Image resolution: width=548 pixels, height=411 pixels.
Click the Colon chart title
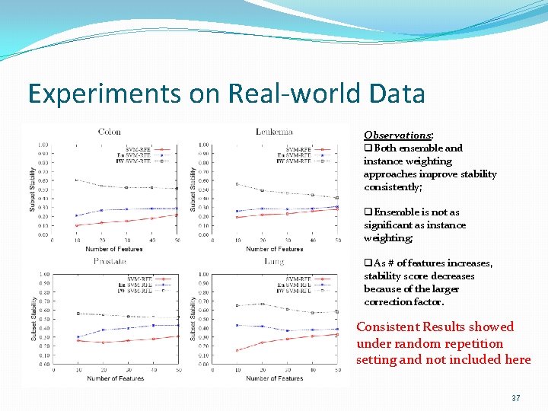pos(109,132)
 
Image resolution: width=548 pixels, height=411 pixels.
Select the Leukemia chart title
pos(274,132)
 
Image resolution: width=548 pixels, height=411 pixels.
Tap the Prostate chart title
pos(110,261)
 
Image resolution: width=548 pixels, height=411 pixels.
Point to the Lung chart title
pos(274,261)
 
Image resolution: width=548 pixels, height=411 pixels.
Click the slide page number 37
pos(515,398)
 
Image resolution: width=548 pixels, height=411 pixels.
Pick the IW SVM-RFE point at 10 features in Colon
pos(76,180)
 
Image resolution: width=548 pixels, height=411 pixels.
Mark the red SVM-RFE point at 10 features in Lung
pos(237,351)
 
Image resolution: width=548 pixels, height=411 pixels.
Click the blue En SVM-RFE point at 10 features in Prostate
pos(77,337)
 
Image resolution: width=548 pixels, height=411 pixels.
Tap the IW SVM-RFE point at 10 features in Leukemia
pos(237,183)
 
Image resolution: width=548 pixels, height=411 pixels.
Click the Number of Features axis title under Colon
pos(114,249)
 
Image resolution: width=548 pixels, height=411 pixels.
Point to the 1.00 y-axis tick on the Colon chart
pos(44,145)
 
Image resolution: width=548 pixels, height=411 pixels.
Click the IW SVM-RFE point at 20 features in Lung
pos(263,304)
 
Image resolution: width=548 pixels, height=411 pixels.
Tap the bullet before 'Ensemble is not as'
pos(368,212)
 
